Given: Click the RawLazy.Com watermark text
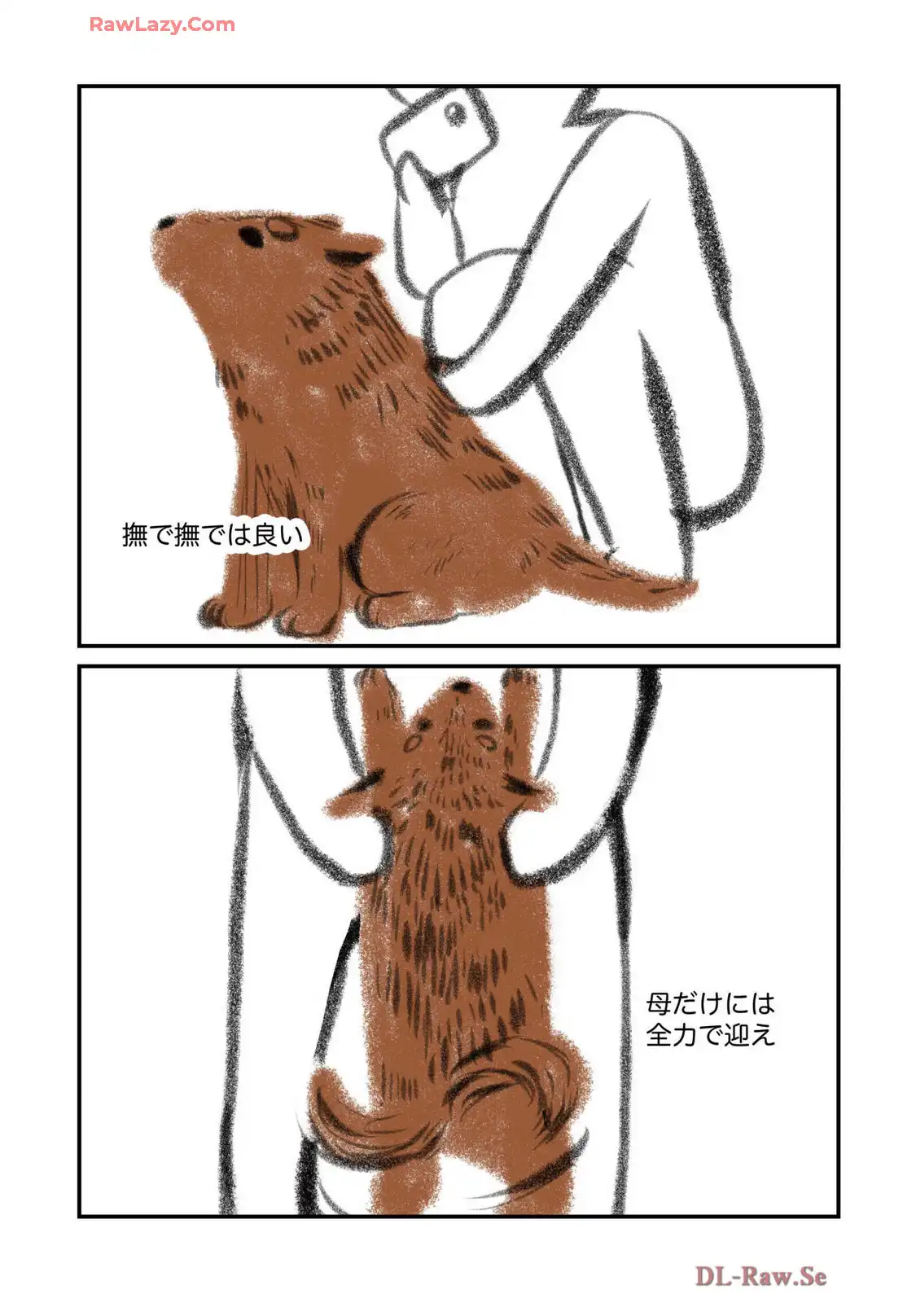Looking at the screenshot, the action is tap(162, 24).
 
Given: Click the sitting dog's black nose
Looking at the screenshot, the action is tap(166, 222).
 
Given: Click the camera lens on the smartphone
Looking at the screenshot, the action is tap(455, 113).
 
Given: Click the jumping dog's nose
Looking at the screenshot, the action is tap(462, 687).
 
